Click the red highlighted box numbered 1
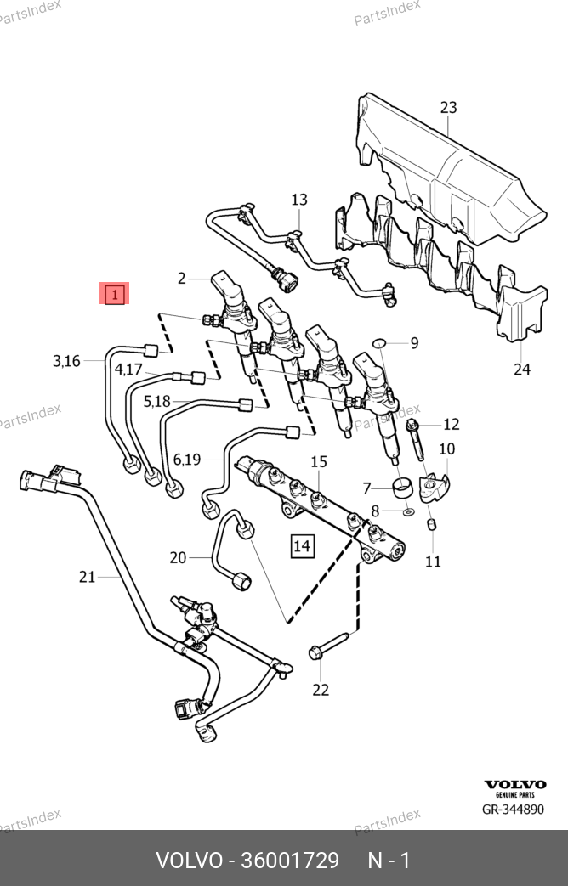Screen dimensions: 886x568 pyautogui.click(x=114, y=295)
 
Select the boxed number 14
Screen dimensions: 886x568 pyautogui.click(x=302, y=545)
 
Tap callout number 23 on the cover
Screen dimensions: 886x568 pyautogui.click(x=448, y=107)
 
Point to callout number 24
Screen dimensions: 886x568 pyautogui.click(x=521, y=369)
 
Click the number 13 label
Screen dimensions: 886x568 pyautogui.click(x=299, y=200)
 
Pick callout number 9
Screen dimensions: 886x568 pyautogui.click(x=414, y=343)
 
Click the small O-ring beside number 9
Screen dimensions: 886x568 pyautogui.click(x=380, y=343)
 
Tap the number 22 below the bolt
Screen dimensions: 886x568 pyautogui.click(x=320, y=690)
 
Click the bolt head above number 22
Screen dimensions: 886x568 pyautogui.click(x=314, y=652)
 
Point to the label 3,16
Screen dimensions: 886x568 pyautogui.click(x=66, y=361)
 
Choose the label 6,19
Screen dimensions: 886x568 pyautogui.click(x=187, y=460)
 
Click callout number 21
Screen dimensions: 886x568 pyautogui.click(x=87, y=577)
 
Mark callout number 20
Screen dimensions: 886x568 pyautogui.click(x=177, y=557)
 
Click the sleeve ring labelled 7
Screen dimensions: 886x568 pyautogui.click(x=402, y=488)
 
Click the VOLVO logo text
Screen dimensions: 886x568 pyautogui.click(x=514, y=784)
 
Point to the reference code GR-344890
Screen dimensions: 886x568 pyautogui.click(x=513, y=810)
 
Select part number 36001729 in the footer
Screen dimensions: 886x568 pyautogui.click(x=290, y=861)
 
